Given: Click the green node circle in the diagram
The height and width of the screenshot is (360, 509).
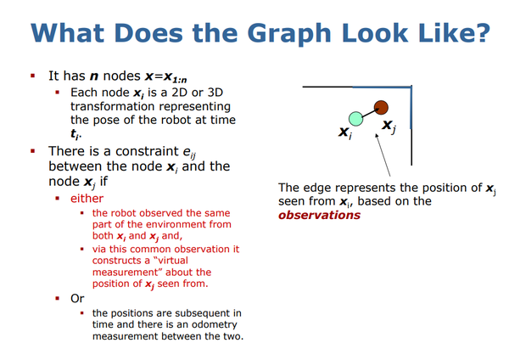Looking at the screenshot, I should pos(355,119).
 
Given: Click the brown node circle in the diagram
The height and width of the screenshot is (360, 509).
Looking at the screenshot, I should pos(382,107).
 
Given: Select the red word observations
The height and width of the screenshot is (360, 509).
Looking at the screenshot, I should pos(319,215).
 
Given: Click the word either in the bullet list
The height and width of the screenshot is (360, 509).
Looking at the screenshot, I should pos(87,198).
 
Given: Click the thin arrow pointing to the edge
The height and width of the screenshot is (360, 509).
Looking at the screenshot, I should pos(382,153).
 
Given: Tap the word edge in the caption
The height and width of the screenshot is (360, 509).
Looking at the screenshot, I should pos(319,188).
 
